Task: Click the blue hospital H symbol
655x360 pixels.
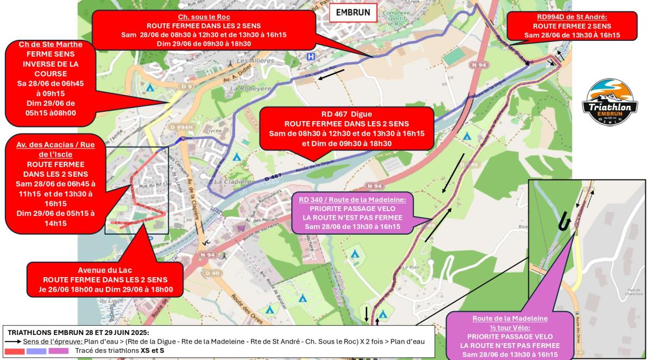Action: (x=311, y=56)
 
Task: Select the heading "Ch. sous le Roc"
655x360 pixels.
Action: (x=204, y=17)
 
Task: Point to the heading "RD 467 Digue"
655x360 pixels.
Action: (x=347, y=115)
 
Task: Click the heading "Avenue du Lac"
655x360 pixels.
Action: (x=105, y=270)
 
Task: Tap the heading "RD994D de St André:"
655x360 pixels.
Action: (x=571, y=17)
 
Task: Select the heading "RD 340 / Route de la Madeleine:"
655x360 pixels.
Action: (x=353, y=200)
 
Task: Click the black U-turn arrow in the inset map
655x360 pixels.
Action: (x=563, y=222)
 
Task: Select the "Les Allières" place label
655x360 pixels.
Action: (x=255, y=61)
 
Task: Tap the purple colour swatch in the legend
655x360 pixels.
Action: (x=58, y=351)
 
